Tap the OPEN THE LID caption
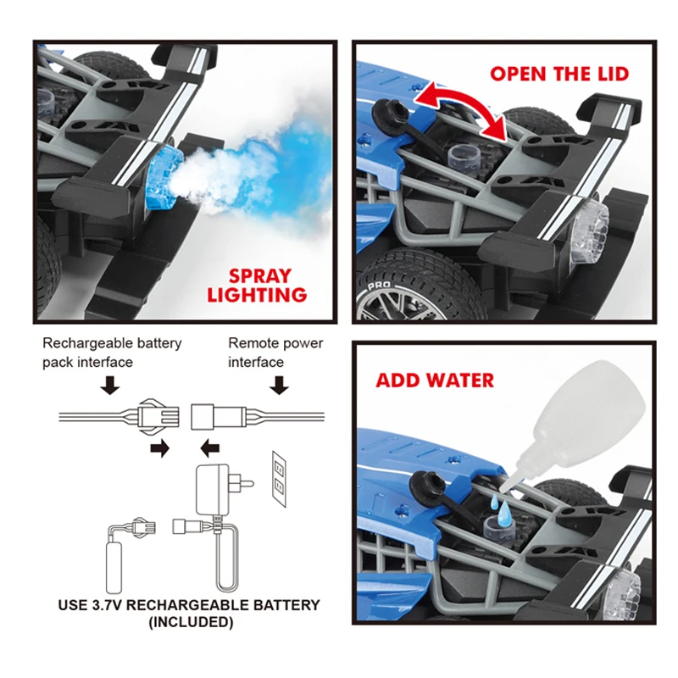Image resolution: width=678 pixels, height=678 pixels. tap(559, 74)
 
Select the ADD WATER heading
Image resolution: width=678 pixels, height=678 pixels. tap(435, 379)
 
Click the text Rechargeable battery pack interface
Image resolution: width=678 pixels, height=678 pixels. tap(112, 353)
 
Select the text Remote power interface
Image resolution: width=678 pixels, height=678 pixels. tap(275, 353)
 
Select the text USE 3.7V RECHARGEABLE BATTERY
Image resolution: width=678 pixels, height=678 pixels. tap(189, 605)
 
